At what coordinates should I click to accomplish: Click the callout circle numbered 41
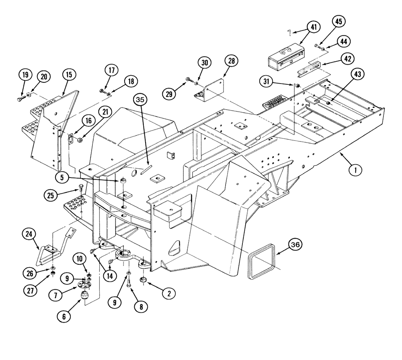click(x=313, y=27)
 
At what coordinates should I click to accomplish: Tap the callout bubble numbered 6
click(x=64, y=317)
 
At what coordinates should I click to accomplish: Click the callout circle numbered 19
click(x=25, y=75)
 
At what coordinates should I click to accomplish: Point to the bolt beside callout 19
click(x=20, y=98)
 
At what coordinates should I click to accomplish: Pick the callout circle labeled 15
click(x=69, y=75)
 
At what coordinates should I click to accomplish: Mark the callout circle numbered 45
click(x=337, y=22)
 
